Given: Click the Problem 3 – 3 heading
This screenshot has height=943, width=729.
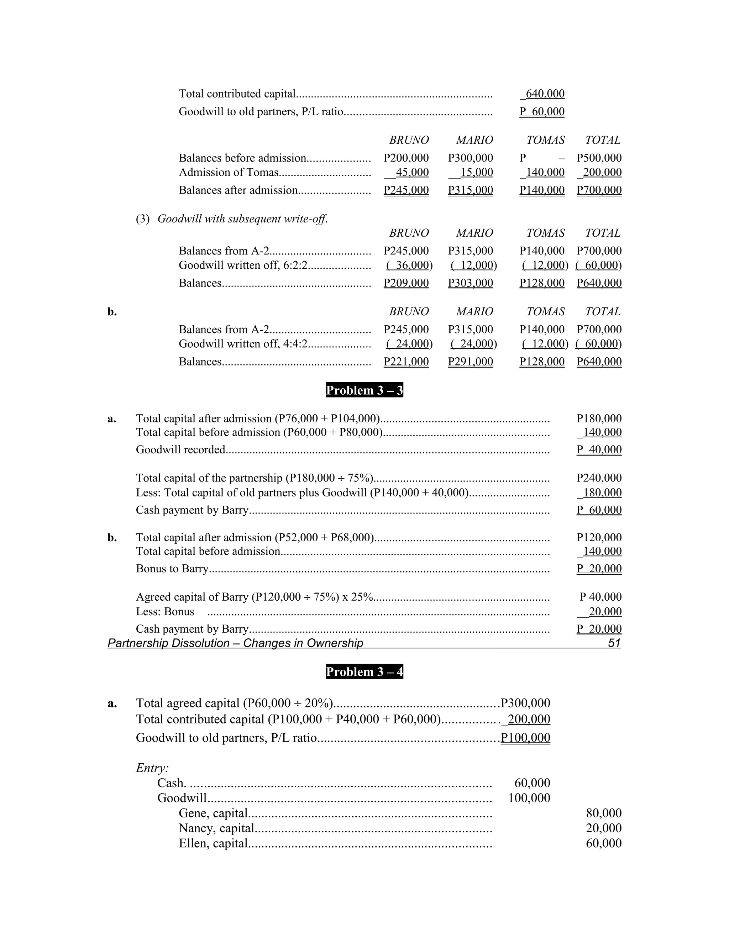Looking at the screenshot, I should tap(364, 390).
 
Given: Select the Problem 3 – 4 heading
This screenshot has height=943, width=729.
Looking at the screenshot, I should tap(364, 672).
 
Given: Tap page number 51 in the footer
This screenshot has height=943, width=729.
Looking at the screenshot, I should tap(614, 643).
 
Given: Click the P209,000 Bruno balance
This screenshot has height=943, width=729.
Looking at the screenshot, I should tap(406, 283).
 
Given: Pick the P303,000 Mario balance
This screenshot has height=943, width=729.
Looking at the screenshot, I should tap(470, 283).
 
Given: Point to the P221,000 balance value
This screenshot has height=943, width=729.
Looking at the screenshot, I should tap(406, 362).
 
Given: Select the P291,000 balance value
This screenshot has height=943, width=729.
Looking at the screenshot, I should tap(470, 362).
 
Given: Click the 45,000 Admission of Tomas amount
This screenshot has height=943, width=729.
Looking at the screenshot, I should tap(412, 172).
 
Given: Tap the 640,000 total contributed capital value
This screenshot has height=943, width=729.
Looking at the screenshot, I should tap(545, 94).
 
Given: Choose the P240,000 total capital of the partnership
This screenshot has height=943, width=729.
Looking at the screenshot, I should tap(599, 478).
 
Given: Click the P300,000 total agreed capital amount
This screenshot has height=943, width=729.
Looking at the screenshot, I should tap(525, 703).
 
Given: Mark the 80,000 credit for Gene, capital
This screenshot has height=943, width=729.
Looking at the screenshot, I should tap(603, 813).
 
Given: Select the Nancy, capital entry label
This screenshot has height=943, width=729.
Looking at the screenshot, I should tap(216, 828).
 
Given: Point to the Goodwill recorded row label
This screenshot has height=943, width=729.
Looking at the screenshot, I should tap(180, 450).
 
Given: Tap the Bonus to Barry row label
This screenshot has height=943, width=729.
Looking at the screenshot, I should tap(172, 569).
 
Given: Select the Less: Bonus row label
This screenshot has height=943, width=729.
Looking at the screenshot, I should tap(165, 612).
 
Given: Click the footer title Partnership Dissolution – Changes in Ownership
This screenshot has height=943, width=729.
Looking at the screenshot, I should tap(235, 643).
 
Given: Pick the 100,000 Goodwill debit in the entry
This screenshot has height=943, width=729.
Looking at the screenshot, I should tap(529, 798).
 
